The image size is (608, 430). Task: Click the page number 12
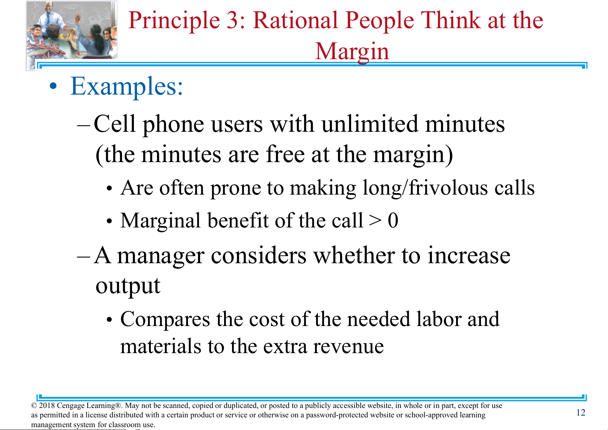(x=581, y=412)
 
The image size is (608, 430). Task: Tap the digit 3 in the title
(x=233, y=20)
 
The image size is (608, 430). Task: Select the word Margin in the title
(x=352, y=52)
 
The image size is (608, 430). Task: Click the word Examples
(x=127, y=86)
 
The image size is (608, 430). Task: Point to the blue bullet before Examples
(x=53, y=86)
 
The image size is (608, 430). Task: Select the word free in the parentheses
(x=285, y=154)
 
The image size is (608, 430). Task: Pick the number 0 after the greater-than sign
(x=393, y=220)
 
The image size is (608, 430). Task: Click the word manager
(x=161, y=256)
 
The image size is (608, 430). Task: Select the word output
(x=128, y=287)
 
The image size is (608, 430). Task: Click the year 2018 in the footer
(x=47, y=405)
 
